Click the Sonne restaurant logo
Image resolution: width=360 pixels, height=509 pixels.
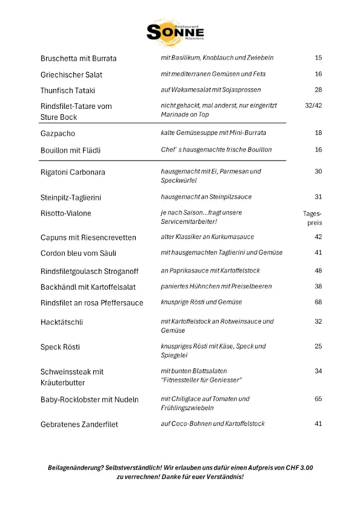coord(175,31)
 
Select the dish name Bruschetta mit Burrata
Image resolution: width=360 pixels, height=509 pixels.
coord(79,58)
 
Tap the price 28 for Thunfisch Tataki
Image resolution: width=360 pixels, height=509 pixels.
coord(318,89)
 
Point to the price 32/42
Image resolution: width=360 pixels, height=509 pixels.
coord(313,105)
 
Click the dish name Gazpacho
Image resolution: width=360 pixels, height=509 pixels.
coord(58,133)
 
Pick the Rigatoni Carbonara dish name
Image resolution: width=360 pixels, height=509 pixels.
coord(73,172)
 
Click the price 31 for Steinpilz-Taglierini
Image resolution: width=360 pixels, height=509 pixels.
coord(318,197)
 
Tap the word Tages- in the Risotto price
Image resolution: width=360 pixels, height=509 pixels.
coord(313,214)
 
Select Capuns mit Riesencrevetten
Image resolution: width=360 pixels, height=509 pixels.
coord(88,238)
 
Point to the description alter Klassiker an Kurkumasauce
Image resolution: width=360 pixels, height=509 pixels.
coord(207,237)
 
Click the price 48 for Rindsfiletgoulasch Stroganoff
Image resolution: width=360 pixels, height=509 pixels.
coord(318,271)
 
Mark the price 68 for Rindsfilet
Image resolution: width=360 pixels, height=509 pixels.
coord(318,302)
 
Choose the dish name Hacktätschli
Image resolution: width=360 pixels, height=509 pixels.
coord(62,322)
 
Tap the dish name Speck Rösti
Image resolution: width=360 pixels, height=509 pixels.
coord(60,347)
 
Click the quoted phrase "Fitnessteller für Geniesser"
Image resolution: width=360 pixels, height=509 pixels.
coord(201,380)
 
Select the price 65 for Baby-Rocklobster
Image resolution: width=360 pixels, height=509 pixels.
coord(318,399)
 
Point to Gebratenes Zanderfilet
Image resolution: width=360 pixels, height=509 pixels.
coord(79,424)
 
